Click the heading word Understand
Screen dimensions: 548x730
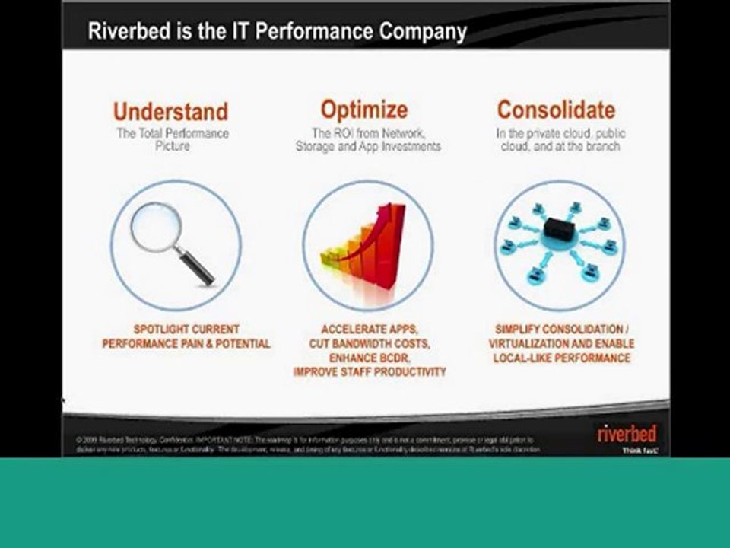click(x=170, y=111)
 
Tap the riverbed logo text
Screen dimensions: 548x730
click(x=627, y=435)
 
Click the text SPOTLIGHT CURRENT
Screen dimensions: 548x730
click(x=186, y=330)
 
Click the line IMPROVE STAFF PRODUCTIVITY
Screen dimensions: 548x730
click(x=369, y=372)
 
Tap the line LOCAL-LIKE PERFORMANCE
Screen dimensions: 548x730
click(x=561, y=358)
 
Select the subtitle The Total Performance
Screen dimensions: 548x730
click(x=172, y=133)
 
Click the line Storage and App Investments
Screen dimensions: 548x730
click(x=368, y=146)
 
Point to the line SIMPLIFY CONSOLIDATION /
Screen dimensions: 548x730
click(x=561, y=330)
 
